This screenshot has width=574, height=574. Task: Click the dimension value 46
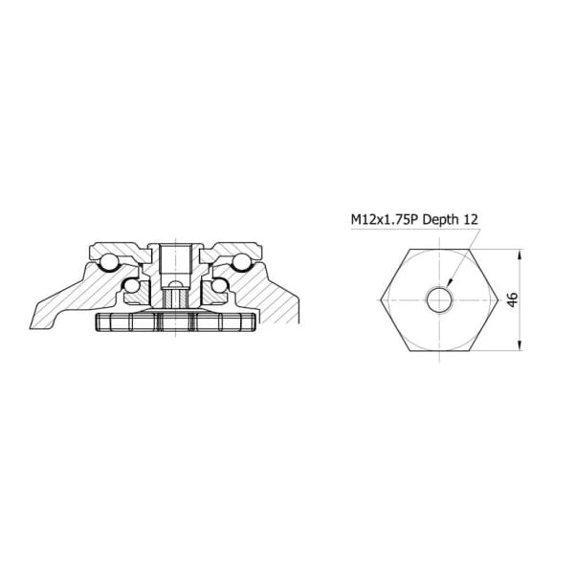[x=513, y=299]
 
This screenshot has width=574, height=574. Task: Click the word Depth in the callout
[x=441, y=220]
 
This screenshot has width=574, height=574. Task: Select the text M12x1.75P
[x=386, y=220]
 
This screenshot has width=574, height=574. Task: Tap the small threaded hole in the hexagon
[x=439, y=300]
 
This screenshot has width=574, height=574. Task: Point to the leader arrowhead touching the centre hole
[x=451, y=281]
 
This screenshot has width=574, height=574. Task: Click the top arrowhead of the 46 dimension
[x=520, y=254]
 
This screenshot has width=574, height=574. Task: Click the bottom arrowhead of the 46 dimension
[x=520, y=346]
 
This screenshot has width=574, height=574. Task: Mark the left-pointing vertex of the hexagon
[x=381, y=300]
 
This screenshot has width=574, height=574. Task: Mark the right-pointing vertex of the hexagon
[x=497, y=300]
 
